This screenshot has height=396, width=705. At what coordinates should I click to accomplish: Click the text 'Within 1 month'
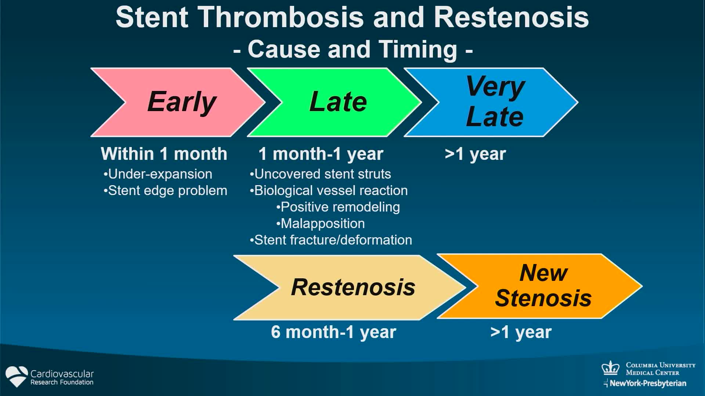click(x=164, y=154)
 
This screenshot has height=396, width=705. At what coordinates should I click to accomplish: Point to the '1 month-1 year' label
click(x=321, y=154)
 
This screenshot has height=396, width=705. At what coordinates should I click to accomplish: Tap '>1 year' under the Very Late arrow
click(x=475, y=154)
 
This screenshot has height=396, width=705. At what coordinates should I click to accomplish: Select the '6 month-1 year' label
click(x=333, y=332)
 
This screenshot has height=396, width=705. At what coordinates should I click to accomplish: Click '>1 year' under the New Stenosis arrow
click(x=521, y=332)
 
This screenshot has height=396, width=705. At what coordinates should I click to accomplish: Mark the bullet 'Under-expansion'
click(x=158, y=174)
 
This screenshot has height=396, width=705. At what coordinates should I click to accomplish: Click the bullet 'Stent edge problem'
click(x=165, y=191)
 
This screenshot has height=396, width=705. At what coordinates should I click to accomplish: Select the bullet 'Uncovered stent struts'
click(x=320, y=174)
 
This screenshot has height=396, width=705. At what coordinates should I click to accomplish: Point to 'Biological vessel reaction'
click(x=329, y=191)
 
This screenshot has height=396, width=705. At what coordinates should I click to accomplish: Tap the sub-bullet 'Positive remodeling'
click(x=338, y=207)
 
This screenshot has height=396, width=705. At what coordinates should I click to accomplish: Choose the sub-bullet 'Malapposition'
click(x=321, y=224)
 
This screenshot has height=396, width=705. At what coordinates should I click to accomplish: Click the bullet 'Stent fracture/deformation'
click(x=331, y=240)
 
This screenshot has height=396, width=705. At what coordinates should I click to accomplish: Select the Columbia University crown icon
click(x=610, y=368)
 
